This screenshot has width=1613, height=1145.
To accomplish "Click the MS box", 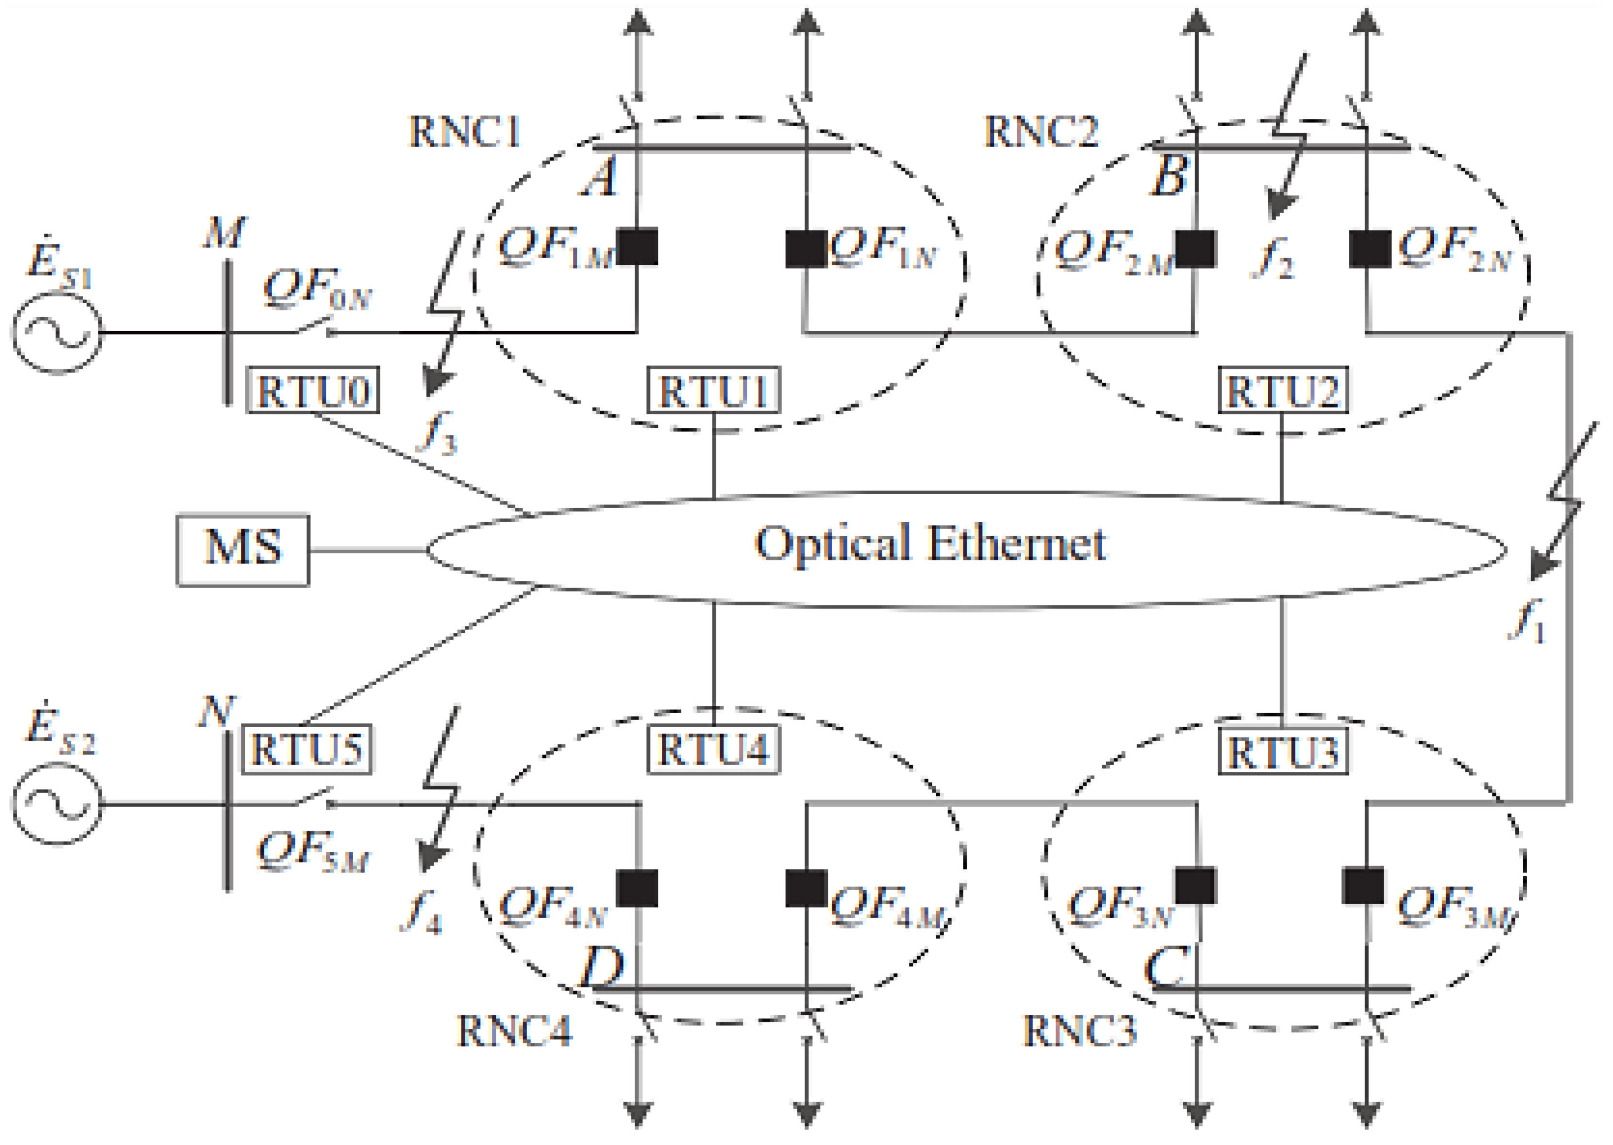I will pos(243,550).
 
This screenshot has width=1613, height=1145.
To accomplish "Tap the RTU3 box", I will pos(1283,752).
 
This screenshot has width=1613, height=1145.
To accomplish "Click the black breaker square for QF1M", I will pos(637,247).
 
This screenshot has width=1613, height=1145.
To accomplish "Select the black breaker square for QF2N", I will pos(1369,249).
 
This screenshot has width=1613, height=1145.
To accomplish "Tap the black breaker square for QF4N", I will pos(637,888).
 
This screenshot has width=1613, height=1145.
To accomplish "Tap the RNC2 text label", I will pos(1041,132).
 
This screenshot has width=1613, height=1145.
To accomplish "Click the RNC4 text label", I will pos(515,1032).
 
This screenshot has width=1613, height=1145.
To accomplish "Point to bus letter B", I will pos(1169,176).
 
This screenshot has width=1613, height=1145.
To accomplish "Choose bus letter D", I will pos(601,968).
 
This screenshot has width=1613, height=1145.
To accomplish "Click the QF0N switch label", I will pos(317,289).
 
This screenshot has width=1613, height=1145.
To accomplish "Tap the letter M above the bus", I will pos(224,233).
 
